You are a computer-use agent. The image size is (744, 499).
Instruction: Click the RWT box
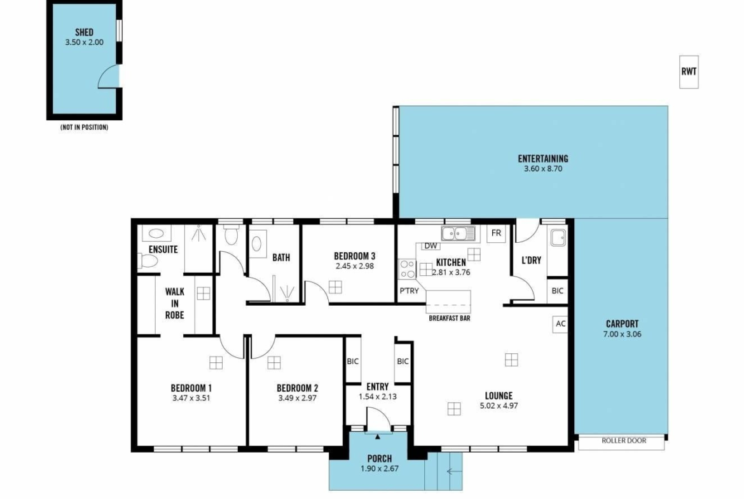tap(689, 72)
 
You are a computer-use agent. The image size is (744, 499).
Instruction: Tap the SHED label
tap(84, 32)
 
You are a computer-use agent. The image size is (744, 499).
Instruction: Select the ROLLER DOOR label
tap(623, 441)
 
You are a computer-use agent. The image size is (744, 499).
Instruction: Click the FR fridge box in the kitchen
tap(496, 233)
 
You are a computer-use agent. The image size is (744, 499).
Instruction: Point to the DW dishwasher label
tap(431, 246)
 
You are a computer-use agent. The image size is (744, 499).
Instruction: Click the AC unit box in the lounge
tap(560, 324)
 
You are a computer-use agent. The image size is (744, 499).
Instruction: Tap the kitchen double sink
tap(458, 234)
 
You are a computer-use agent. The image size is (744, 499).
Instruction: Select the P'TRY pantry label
tap(409, 291)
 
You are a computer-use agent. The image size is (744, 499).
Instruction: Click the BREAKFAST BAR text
tap(450, 318)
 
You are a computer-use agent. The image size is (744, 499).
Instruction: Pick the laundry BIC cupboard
tap(558, 291)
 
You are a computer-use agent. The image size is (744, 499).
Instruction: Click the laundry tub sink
tap(558, 237)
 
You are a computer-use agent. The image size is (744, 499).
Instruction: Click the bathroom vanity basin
tap(257, 244)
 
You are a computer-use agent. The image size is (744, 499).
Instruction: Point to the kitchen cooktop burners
tap(407, 269)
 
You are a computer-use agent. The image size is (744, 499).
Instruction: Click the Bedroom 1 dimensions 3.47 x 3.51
tap(191, 398)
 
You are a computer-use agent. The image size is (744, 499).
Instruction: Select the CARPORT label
tap(622, 324)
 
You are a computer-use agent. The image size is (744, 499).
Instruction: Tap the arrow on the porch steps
tap(454, 472)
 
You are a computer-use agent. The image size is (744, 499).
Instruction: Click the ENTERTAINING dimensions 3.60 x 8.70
tap(543, 169)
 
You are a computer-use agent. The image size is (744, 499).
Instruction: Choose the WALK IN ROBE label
tap(175, 303)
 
